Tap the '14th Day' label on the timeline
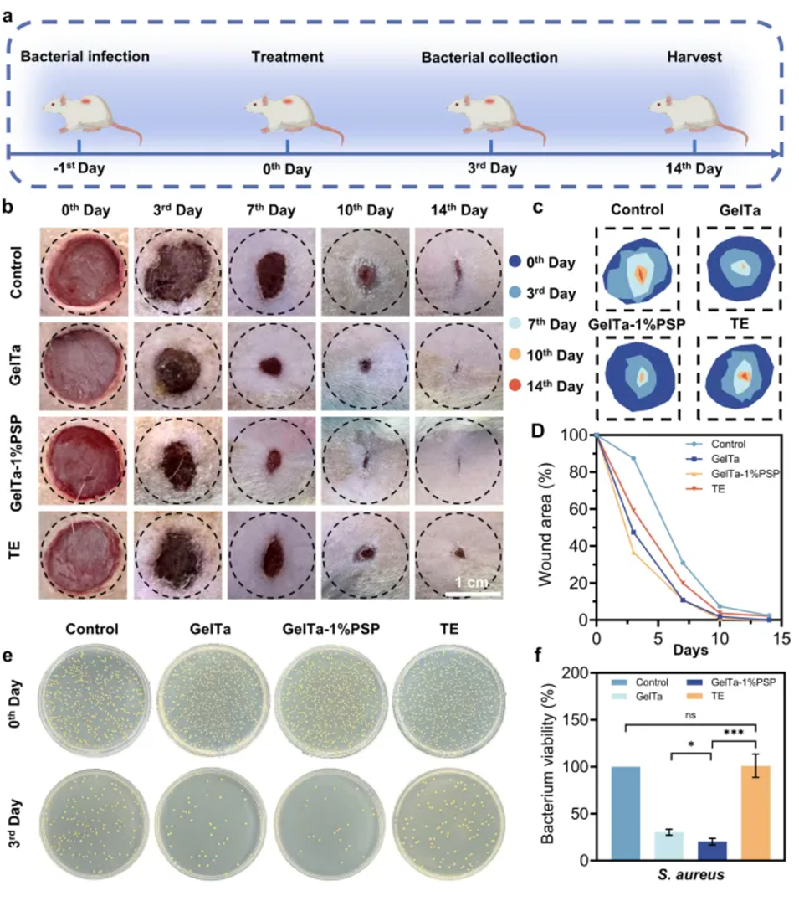pyautogui.click(x=694, y=168)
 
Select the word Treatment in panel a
pyautogui.click(x=287, y=57)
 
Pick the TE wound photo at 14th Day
pyautogui.click(x=458, y=553)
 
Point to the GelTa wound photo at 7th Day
pyautogui.click(x=270, y=366)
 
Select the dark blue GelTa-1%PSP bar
pyautogui.click(x=711, y=851)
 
